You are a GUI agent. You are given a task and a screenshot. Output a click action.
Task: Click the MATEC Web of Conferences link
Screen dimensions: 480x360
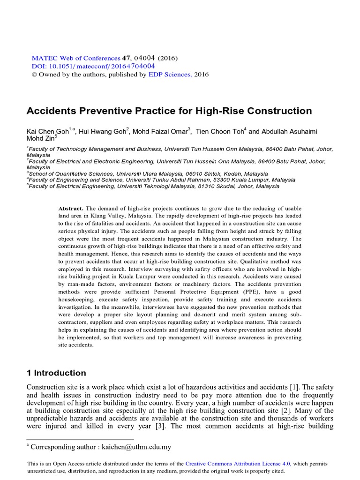point(69,58)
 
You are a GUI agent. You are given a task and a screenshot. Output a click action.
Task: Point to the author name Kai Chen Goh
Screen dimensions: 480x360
point(47,132)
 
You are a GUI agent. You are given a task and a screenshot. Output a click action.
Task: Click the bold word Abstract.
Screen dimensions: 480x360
point(70,208)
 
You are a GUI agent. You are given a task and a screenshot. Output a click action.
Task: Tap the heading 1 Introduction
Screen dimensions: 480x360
point(56,373)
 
